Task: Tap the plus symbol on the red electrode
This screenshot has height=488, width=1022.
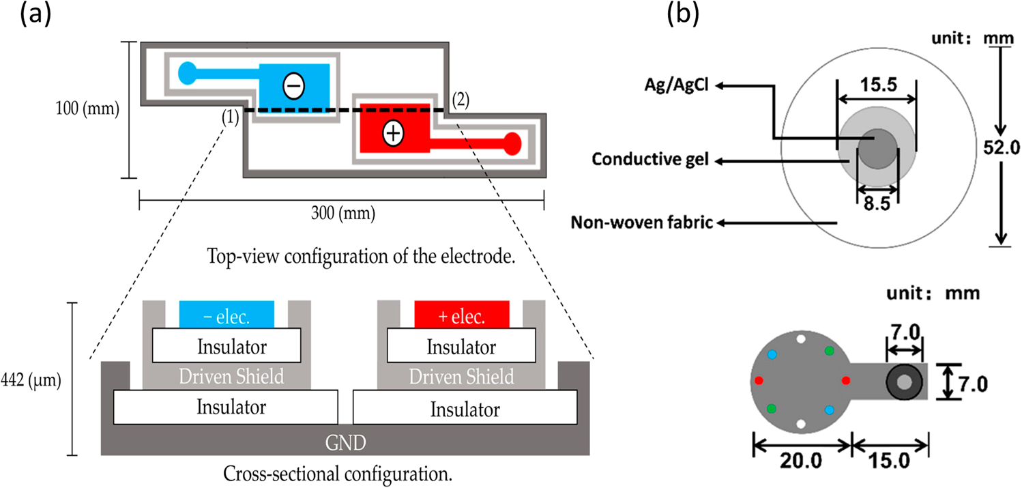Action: (392, 134)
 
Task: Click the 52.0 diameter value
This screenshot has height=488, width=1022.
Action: (999, 144)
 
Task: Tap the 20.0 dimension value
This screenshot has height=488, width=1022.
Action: (802, 461)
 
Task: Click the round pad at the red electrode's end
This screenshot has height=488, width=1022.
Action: (512, 143)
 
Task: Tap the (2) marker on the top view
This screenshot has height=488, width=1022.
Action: (461, 99)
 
